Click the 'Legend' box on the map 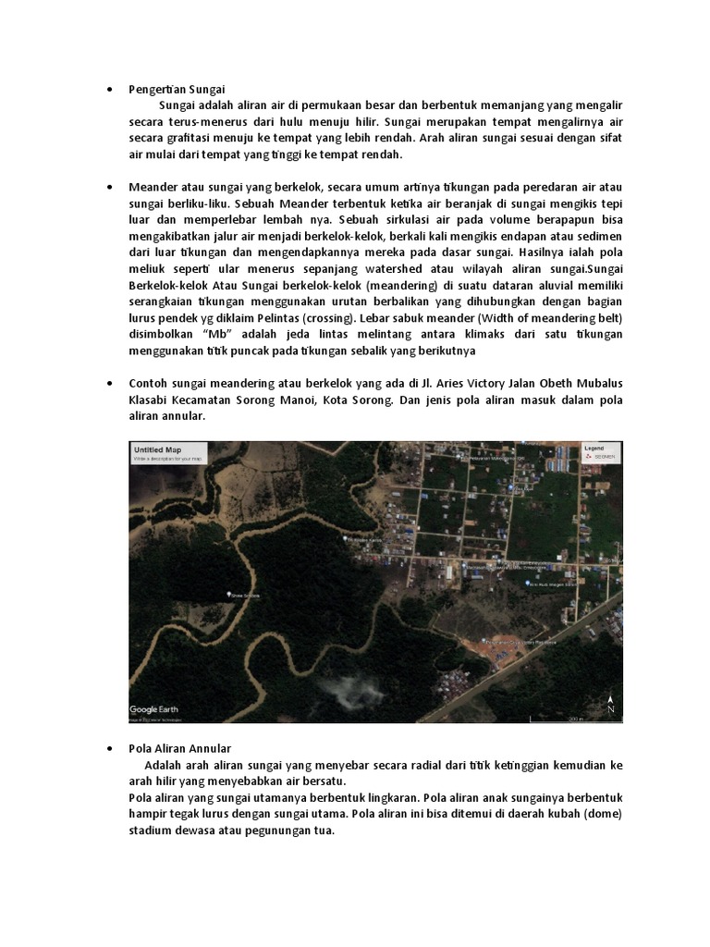click(x=599, y=451)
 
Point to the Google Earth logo click(x=154, y=709)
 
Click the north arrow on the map click(x=610, y=703)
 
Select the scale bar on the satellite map click(x=575, y=717)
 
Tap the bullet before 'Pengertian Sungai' click(x=110, y=90)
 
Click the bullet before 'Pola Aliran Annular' click(x=110, y=747)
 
